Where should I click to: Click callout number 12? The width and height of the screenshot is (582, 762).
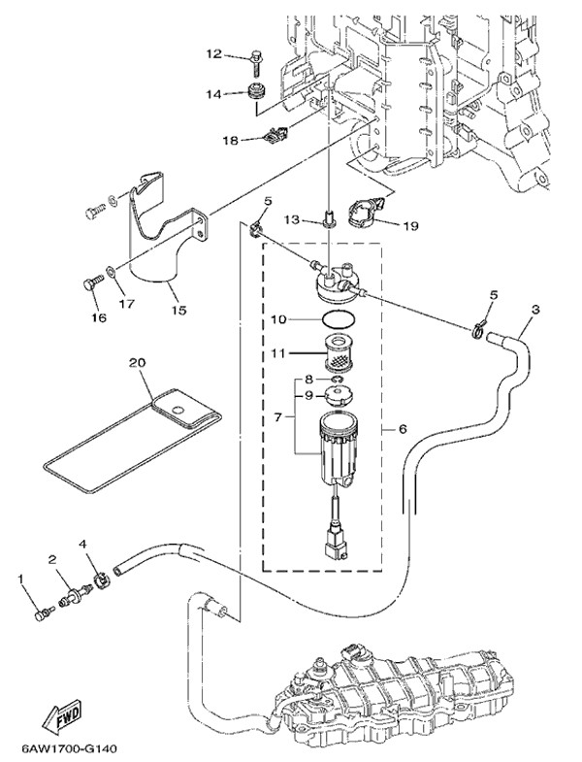pos(213,53)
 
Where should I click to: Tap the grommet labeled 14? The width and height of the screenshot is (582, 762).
pos(257,94)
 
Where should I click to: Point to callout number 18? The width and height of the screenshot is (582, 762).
pos(229,141)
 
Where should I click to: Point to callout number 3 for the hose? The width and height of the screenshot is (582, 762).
pos(535,311)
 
